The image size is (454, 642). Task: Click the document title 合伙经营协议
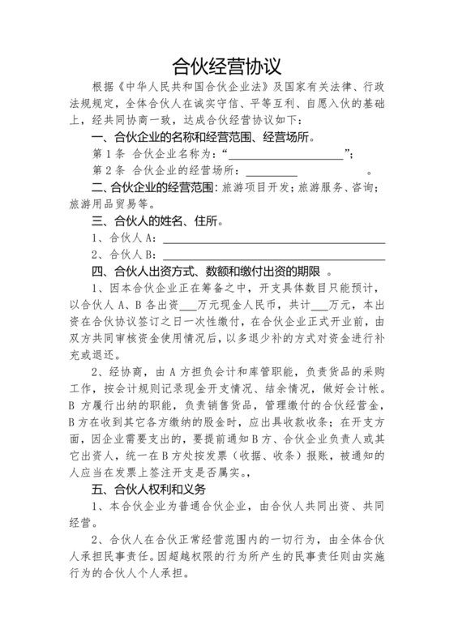227,64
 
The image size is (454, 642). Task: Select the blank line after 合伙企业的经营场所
272,172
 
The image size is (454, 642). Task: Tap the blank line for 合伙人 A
274,240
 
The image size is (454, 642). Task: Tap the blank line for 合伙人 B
274,257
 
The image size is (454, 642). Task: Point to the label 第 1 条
109,154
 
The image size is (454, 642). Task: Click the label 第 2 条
109,171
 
